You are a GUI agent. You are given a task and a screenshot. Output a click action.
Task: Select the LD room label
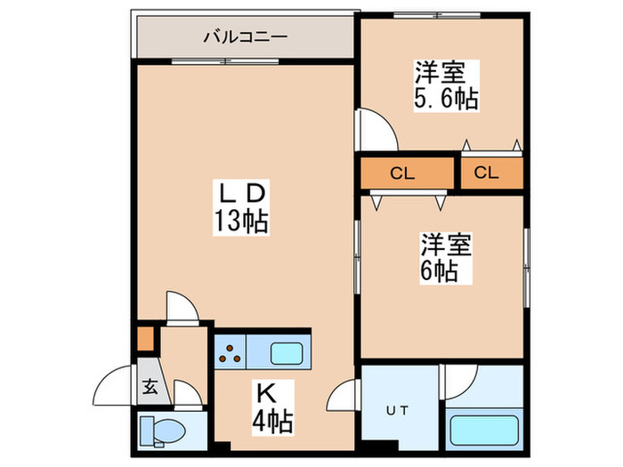click(239, 192)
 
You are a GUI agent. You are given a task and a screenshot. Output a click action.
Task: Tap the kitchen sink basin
click(288, 353)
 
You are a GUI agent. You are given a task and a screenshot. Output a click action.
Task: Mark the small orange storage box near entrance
click(146, 340)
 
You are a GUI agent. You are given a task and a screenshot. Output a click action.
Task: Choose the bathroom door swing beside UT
click(460, 381)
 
